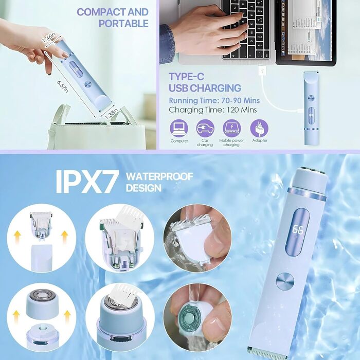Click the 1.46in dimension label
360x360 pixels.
coord(49,38)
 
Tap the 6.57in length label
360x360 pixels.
coord(62,86)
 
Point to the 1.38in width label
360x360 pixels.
coord(112,114)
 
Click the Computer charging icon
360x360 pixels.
coord(179,129)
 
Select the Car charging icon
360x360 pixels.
coord(205,129)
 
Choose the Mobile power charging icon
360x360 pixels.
coord(231,129)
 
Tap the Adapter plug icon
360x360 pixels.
coord(259,129)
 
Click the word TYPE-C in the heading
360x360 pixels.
coord(186,77)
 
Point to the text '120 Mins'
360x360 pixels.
coord(242,110)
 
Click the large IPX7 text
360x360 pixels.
coord(87,182)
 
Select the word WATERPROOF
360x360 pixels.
coord(159,176)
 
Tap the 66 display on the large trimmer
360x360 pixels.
coord(298,230)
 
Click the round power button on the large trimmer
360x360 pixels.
coord(285,281)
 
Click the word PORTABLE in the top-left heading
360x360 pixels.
coord(123,24)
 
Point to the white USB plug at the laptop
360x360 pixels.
coord(262,70)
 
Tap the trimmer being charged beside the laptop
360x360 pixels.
coord(312,108)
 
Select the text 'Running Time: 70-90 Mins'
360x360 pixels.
coord(214,101)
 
